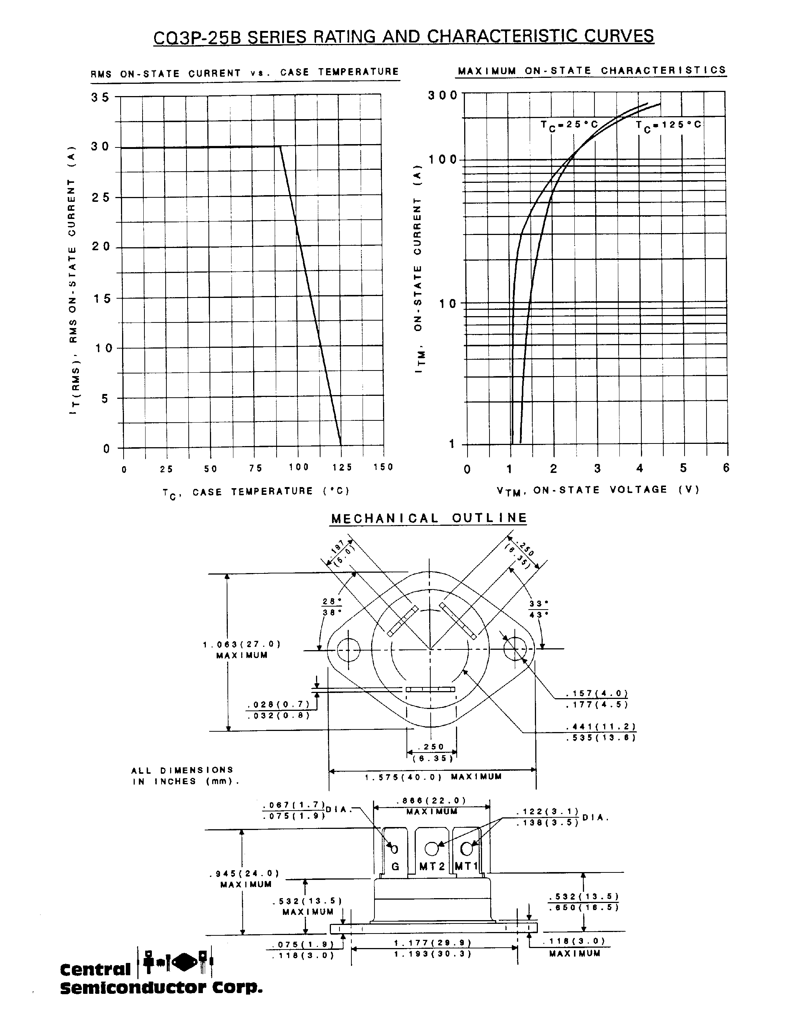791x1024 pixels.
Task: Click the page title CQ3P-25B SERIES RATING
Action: coord(403,36)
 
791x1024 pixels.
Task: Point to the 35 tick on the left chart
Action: coord(100,97)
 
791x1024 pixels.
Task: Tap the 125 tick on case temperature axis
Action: coord(342,467)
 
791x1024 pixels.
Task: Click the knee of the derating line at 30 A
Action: coord(280,146)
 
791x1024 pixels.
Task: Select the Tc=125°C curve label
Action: coord(668,125)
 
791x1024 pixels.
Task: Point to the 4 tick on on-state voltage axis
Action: coord(640,468)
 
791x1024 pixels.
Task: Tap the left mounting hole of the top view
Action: coord(348,650)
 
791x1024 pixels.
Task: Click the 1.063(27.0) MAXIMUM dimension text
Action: coord(242,650)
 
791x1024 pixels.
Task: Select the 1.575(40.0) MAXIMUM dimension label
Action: coord(433,777)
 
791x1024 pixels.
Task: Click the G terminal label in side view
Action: coord(395,866)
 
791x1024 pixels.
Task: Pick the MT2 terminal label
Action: coord(431,866)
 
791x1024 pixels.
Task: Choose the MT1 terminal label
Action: coord(466,866)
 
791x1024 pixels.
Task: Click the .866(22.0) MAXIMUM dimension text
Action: coord(431,806)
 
